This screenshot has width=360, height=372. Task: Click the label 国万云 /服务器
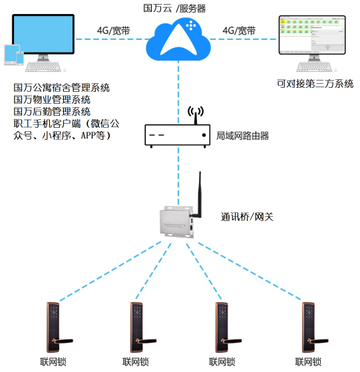[x=175, y=7]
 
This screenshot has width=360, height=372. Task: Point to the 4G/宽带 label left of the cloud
[x=114, y=31]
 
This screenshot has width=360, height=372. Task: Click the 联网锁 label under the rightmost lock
[x=308, y=362]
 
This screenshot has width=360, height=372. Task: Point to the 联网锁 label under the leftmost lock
[x=53, y=362]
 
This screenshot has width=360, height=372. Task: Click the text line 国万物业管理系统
[x=53, y=99]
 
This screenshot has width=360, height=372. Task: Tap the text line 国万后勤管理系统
[x=53, y=111]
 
